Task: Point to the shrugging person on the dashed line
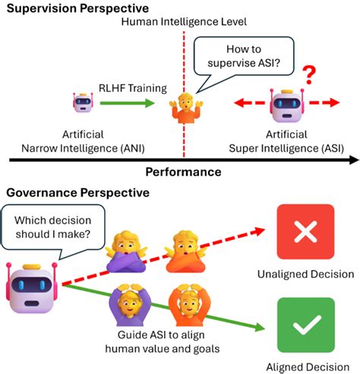coord(182,107)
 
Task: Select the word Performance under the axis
coord(183,172)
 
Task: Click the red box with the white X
coord(305,233)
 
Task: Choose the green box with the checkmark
coord(305,325)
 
